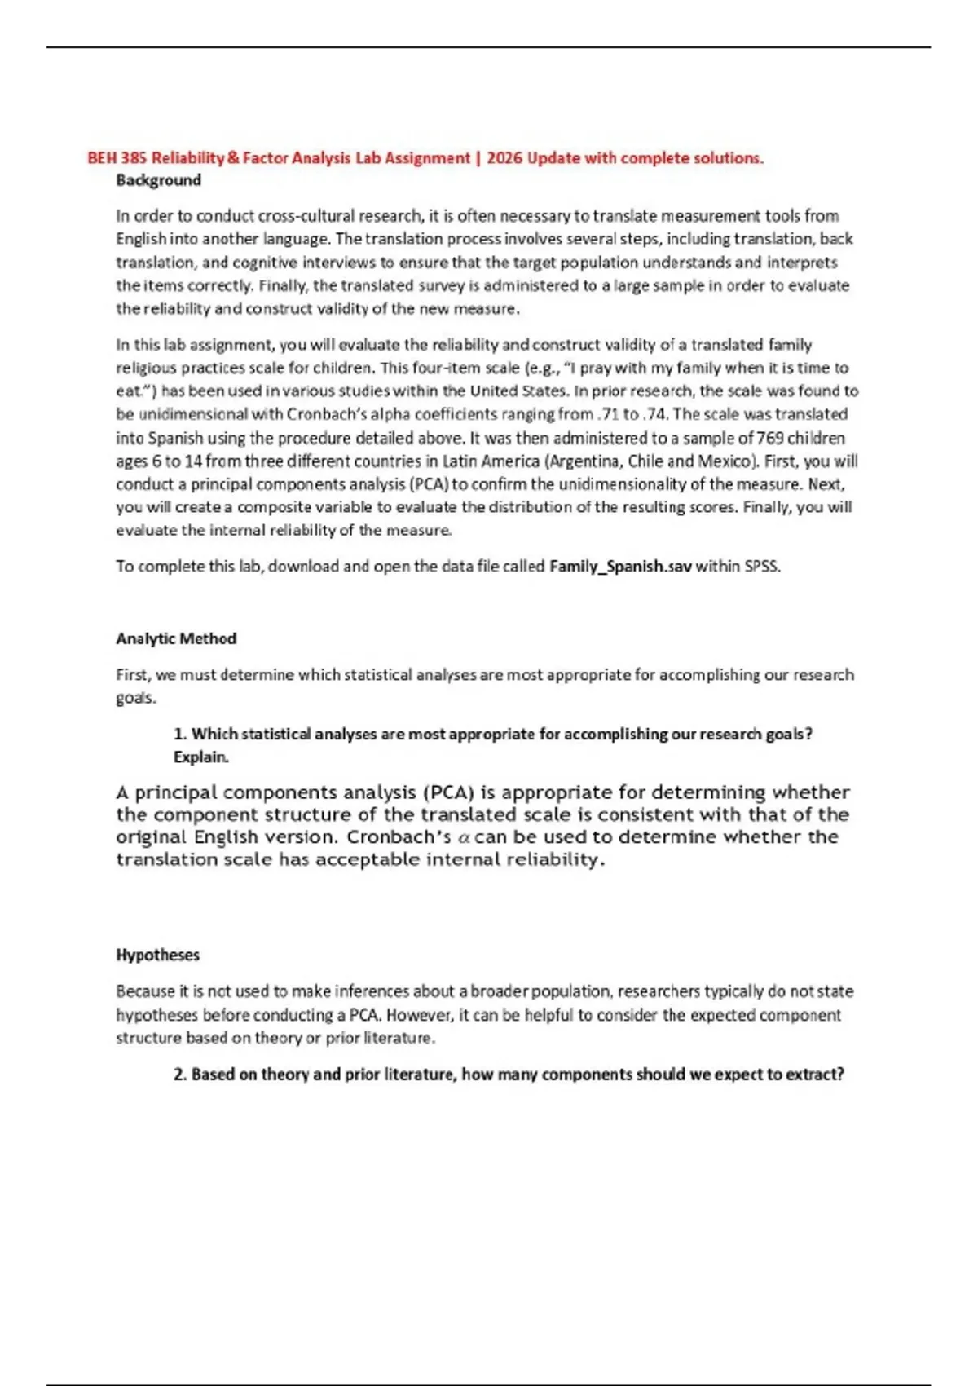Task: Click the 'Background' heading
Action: click(x=158, y=180)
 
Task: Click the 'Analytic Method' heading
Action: click(x=176, y=638)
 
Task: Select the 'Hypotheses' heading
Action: click(x=157, y=955)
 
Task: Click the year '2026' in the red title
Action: click(x=504, y=158)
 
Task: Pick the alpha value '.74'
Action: click(x=657, y=414)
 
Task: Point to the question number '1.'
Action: click(x=180, y=734)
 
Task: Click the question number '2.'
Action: click(x=180, y=1075)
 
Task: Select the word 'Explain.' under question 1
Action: click(x=201, y=757)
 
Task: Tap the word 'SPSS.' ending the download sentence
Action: click(x=763, y=566)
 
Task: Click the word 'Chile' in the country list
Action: click(x=645, y=461)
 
